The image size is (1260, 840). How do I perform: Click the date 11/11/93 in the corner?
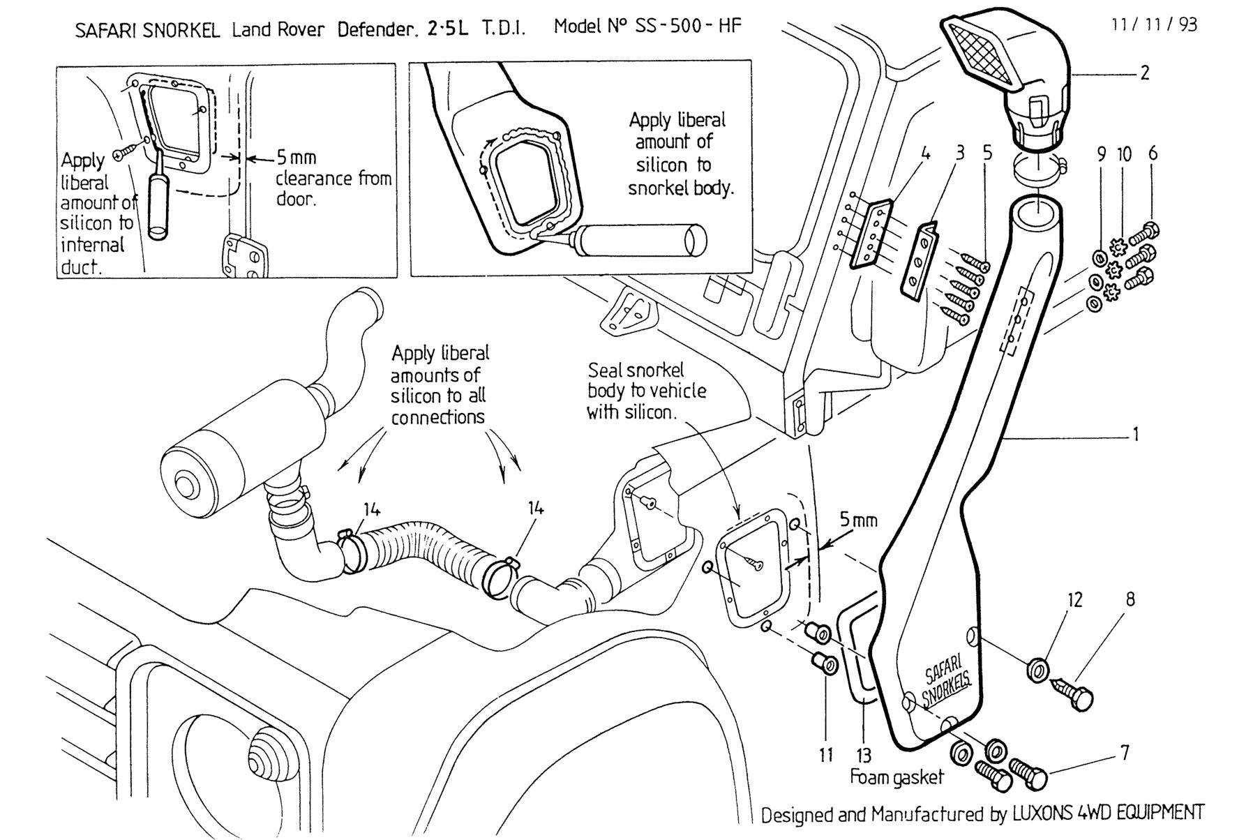[x=1154, y=25]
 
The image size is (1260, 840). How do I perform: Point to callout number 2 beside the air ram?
[x=1144, y=73]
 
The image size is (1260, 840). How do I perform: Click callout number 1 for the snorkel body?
[x=1135, y=434]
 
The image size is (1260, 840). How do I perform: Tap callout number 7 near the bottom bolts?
[x=1124, y=753]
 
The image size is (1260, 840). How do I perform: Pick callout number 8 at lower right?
[x=1130, y=599]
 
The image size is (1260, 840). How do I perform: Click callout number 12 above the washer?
[x=1075, y=600]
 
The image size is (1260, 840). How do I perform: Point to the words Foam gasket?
[x=897, y=777]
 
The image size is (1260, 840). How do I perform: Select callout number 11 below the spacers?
[x=826, y=755]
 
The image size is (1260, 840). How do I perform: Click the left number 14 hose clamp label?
[x=372, y=510]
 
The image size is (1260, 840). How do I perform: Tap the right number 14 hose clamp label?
[x=535, y=508]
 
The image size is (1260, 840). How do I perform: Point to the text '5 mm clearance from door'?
[x=333, y=178]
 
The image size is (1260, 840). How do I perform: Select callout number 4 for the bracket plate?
[x=925, y=153]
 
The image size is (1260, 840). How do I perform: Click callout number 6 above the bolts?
[x=1152, y=153]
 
